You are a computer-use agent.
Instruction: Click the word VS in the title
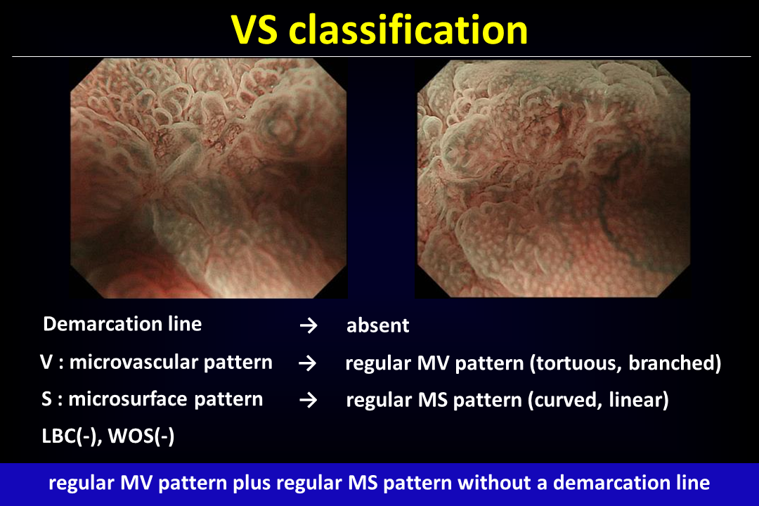tap(254, 30)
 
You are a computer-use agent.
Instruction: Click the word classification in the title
tap(408, 30)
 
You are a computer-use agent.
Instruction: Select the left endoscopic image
tap(209, 178)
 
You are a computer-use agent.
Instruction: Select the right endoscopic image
tap(553, 178)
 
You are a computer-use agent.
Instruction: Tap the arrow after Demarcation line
tap(309, 325)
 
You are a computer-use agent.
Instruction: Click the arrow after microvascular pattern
tap(307, 363)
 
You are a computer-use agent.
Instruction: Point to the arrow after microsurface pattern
tap(309, 400)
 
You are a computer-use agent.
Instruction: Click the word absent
tap(378, 325)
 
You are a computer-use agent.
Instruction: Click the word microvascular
tap(134, 362)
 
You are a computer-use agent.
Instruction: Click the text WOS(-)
tap(141, 436)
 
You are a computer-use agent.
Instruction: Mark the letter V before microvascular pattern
tap(46, 362)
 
